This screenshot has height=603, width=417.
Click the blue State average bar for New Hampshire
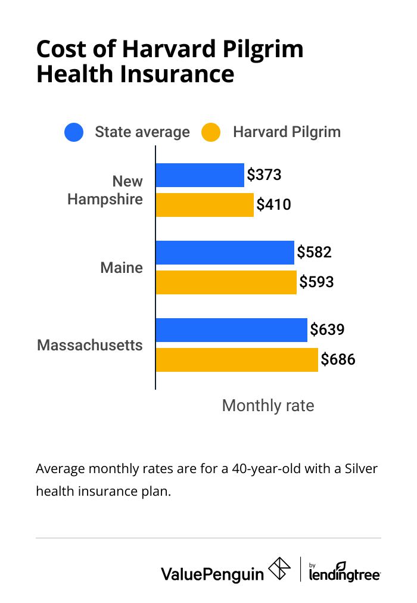point(200,175)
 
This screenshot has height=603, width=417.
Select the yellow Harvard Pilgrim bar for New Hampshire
point(205,205)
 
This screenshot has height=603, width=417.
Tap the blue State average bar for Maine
point(225,253)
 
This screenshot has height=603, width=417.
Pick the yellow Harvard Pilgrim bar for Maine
point(226,282)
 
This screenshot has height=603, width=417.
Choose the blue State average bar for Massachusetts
point(232,330)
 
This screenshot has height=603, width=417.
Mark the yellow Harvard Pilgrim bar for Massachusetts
point(237,360)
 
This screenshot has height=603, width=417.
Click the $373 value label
point(264,175)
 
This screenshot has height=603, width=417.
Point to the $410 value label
point(273,205)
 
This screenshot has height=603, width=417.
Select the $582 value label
point(314,252)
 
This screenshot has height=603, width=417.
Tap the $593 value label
point(316,282)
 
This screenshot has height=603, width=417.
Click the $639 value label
point(327,330)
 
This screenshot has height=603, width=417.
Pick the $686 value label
point(338,359)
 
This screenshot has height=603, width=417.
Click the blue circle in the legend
point(74,132)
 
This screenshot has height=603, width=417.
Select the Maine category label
point(122,268)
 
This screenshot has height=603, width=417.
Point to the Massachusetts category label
point(90,345)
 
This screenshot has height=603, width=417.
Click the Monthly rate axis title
point(267,406)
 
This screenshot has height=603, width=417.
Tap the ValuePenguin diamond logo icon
point(280,569)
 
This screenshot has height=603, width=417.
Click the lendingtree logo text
point(345,574)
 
